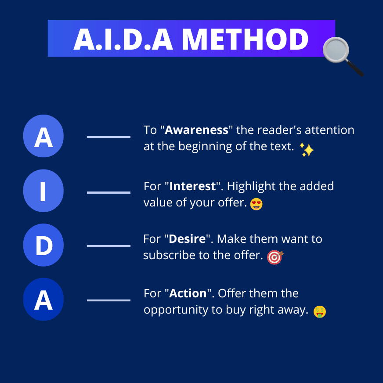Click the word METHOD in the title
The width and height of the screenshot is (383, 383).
245,39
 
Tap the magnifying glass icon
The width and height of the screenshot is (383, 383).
343,56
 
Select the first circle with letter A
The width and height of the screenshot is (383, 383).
43,136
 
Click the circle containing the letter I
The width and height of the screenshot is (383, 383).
43,191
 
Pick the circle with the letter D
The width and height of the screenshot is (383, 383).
43,245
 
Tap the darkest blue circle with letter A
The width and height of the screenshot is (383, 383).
43,299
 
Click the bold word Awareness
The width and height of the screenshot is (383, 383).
196,130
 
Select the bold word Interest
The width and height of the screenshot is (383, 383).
192,186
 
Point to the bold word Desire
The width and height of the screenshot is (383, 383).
187,239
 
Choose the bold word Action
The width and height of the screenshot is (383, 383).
188,293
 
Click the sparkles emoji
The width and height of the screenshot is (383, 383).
307,150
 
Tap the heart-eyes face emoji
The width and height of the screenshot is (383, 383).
256,204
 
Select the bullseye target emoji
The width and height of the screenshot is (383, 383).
275,257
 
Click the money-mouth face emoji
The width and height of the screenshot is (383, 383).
319,312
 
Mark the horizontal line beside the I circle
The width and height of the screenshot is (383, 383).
108,192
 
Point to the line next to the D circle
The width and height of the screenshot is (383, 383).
108,246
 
